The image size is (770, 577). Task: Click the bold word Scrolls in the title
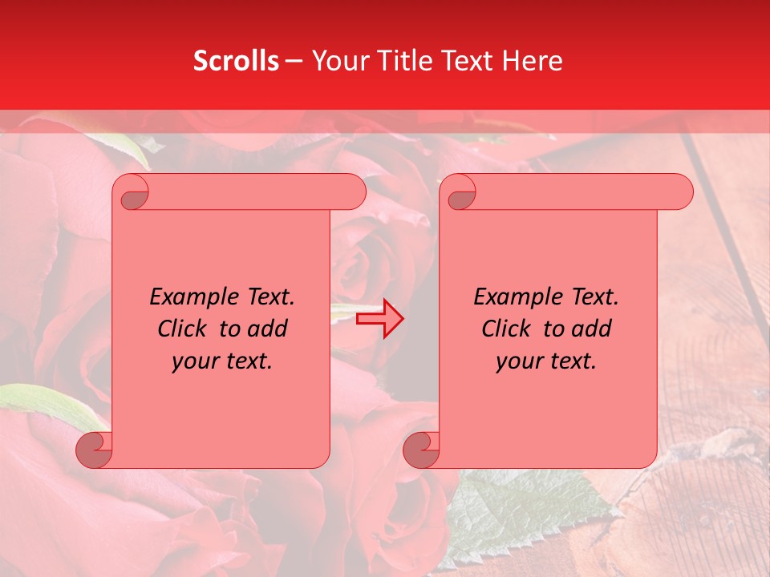point(236,61)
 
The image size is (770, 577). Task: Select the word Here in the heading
point(532,61)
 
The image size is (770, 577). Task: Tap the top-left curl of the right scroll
point(460,193)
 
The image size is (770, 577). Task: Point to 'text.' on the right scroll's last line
point(571,361)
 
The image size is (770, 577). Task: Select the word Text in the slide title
point(465,61)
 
